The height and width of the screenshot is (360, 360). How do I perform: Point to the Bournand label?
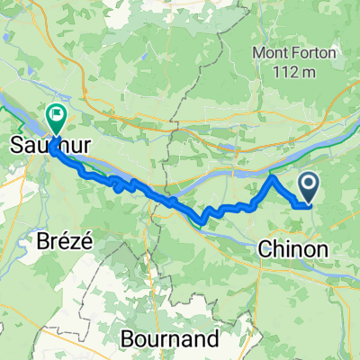171,339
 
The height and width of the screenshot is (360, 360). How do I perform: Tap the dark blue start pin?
308,187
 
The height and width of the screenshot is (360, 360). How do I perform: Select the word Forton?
318,52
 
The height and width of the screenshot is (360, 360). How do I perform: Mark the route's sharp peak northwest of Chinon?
273,178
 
